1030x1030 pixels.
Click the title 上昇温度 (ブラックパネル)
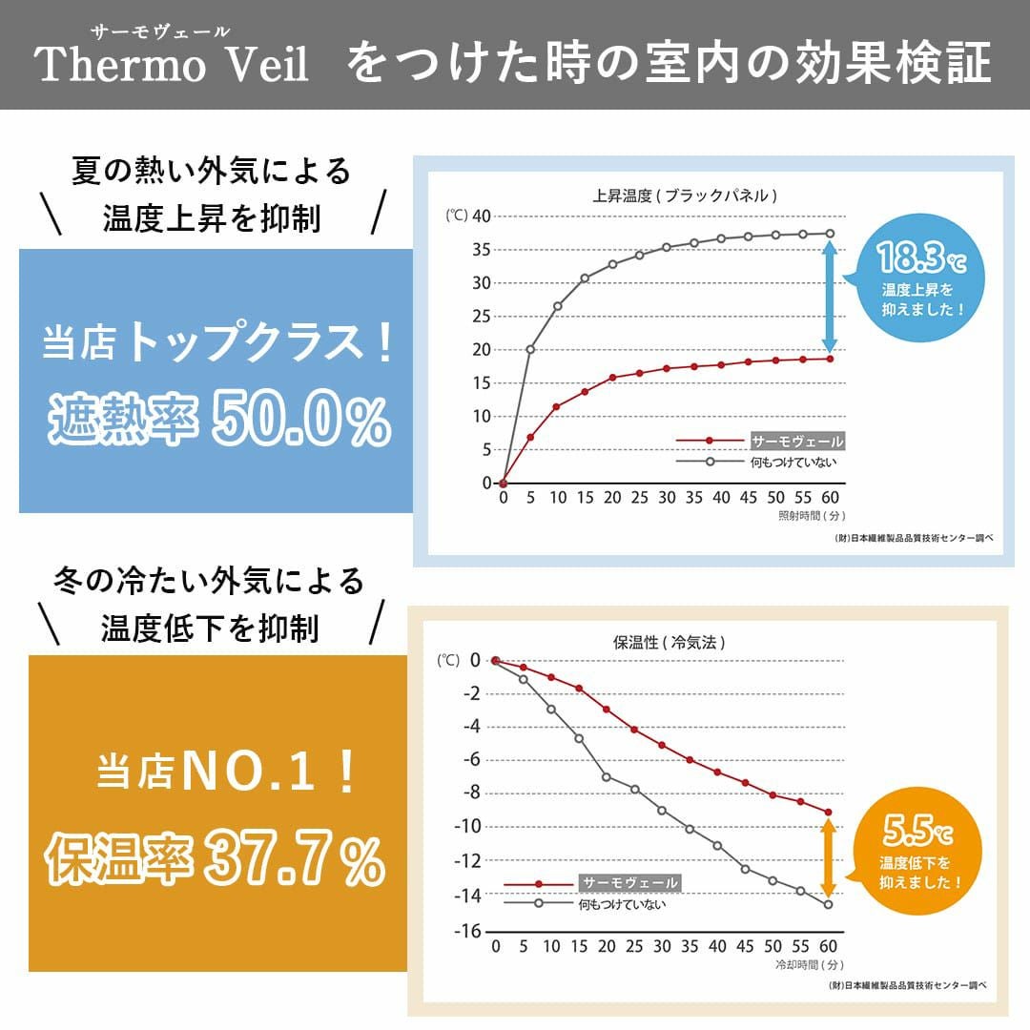pos(684,196)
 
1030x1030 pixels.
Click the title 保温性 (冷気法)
pos(669,642)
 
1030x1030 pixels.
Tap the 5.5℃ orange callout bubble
pos(917,852)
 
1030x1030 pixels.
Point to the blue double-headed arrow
pos(830,297)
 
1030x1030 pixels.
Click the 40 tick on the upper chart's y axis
pos(481,216)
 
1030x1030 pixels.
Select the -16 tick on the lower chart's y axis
pos(466,931)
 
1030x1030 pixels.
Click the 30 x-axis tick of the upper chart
pos(668,498)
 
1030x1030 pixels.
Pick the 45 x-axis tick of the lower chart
pos(745,946)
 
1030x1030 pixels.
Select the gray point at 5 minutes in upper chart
pos(530,349)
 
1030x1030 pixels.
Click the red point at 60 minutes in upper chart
pos(830,359)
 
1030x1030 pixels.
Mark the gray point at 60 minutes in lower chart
pos(828,904)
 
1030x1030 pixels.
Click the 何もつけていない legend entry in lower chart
pos(621,903)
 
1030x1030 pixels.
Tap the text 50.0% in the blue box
pos(301,422)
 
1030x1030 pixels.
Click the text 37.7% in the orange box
pos(292,859)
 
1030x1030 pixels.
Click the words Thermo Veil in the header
pos(172,66)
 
